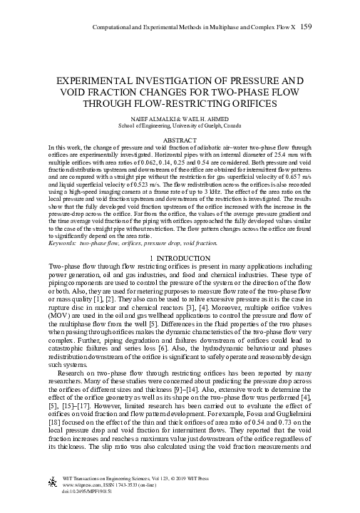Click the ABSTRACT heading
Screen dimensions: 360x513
click(x=180, y=141)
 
